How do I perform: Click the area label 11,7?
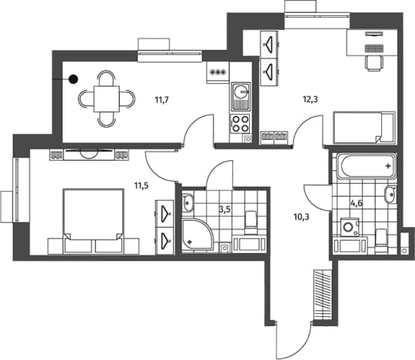[x=161, y=100]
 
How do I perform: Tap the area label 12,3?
[x=310, y=99]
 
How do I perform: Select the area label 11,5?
[x=141, y=185]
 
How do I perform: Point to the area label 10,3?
[x=301, y=217]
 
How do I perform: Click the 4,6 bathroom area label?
[x=357, y=203]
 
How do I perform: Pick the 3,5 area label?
[x=224, y=209]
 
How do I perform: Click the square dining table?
[x=107, y=98]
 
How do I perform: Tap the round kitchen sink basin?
[x=241, y=92]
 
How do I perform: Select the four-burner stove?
[x=241, y=124]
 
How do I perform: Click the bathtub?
[x=367, y=167]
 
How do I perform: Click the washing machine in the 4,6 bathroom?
[x=350, y=227]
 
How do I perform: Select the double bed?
[x=93, y=221]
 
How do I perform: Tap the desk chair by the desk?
[x=374, y=64]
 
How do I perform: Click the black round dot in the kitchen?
[x=73, y=79]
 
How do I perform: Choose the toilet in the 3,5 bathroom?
[x=251, y=222]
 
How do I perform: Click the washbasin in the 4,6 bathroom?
[x=390, y=195]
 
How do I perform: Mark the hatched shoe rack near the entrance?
[x=323, y=292]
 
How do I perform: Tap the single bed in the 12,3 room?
[x=364, y=128]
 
